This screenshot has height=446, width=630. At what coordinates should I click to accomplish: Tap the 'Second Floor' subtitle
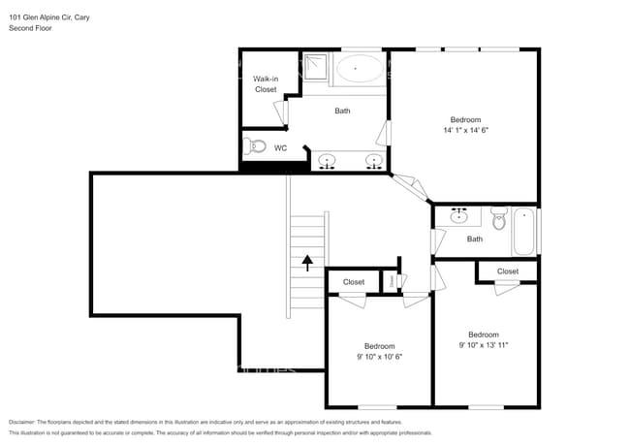[x=30, y=28]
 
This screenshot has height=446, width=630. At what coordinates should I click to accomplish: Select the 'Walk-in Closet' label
[x=266, y=83]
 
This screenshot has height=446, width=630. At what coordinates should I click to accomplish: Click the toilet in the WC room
[x=255, y=147]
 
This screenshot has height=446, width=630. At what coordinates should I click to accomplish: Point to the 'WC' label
[x=280, y=148]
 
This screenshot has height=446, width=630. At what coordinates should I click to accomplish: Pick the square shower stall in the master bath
[x=315, y=68]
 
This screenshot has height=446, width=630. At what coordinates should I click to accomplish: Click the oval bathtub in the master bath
[x=359, y=69]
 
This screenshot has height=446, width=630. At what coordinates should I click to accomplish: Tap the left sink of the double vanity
[x=328, y=161]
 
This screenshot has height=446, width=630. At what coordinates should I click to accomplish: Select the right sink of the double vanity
[x=373, y=161]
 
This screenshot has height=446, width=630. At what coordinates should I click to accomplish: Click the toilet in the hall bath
[x=499, y=217]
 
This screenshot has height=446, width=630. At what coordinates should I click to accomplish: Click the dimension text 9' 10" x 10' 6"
[x=379, y=357]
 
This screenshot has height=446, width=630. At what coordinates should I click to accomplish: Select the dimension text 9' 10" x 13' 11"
[x=483, y=344]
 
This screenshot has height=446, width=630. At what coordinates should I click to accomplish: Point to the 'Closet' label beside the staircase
[x=354, y=282]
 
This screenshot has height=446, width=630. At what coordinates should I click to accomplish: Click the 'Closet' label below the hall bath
[x=507, y=271]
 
